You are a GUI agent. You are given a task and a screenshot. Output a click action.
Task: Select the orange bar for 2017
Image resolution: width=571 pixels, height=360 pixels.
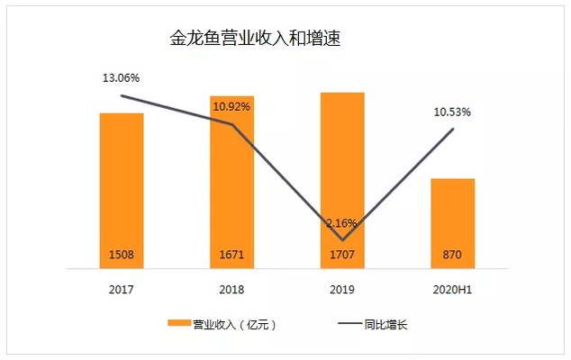coord(122,180)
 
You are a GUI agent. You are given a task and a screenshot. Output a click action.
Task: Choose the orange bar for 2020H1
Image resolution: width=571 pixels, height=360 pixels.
coord(453,216)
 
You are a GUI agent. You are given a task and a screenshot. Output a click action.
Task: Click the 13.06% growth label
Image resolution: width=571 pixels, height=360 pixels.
coord(121,79)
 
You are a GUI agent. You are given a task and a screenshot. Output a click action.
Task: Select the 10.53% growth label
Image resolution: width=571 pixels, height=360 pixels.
coord(452,112)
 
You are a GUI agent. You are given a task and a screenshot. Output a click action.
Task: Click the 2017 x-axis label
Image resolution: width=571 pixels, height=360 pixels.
coord(122,289)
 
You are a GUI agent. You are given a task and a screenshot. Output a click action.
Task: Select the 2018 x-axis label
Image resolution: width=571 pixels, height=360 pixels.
coord(231,289)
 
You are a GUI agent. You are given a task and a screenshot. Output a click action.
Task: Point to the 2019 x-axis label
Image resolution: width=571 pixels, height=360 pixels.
coord(342,289)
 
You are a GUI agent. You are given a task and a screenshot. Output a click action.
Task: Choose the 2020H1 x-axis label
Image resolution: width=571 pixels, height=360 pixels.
coord(453,289)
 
